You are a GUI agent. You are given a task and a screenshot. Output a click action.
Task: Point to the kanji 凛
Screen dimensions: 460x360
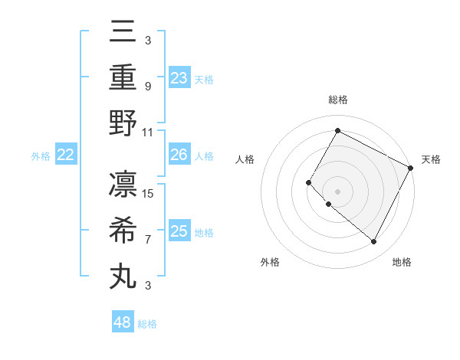pyautogui.click(x=123, y=185)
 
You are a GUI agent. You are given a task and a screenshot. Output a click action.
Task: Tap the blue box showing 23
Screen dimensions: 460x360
pyautogui.click(x=179, y=77)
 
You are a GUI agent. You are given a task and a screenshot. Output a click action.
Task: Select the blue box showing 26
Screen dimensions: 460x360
pyautogui.click(x=179, y=155)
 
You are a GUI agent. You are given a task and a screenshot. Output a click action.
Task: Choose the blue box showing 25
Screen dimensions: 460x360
pyautogui.click(x=179, y=231)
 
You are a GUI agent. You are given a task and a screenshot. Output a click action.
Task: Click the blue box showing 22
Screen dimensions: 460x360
pyautogui.click(x=66, y=155)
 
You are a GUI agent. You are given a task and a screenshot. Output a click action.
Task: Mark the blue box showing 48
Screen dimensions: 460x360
pyautogui.click(x=123, y=322)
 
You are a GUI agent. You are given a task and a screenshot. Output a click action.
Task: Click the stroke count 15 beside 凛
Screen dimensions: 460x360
pyautogui.click(x=149, y=193)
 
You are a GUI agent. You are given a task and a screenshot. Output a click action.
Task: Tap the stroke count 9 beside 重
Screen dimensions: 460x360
pyautogui.click(x=148, y=86)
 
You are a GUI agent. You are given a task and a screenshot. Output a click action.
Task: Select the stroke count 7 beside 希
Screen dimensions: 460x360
pyautogui.click(x=148, y=240)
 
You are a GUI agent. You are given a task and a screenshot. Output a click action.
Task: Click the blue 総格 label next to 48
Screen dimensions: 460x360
pyautogui.click(x=147, y=324)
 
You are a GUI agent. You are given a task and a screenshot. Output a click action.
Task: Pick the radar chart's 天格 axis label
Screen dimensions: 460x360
pyautogui.click(x=431, y=159)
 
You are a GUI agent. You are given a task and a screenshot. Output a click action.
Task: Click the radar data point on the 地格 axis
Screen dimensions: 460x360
pyautogui.click(x=374, y=242)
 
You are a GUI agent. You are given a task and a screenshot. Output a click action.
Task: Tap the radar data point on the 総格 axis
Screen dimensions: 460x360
pyautogui.click(x=337, y=130)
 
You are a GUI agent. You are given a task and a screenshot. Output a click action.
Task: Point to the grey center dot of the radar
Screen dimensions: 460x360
pyautogui.click(x=337, y=191)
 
